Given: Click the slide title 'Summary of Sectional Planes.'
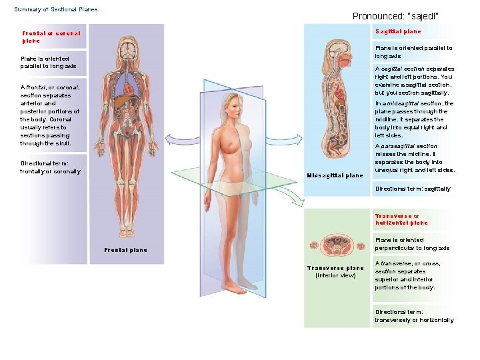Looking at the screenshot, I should (x=57, y=10).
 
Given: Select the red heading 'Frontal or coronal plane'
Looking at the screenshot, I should (x=51, y=37).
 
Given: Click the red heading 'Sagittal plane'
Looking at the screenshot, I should (x=398, y=31).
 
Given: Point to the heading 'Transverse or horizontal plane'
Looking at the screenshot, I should (x=401, y=219).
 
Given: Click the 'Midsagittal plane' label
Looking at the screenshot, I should (x=335, y=176).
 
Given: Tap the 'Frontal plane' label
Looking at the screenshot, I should (x=125, y=250).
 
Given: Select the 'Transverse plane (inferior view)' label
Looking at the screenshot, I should (x=335, y=271).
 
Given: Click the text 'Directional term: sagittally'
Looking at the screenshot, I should (x=413, y=189).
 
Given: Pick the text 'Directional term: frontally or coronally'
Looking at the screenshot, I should (x=50, y=167).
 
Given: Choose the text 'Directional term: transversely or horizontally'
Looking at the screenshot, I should (x=414, y=316).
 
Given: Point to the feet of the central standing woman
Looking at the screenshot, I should (x=233, y=287).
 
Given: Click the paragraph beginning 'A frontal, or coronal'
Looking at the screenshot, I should (x=50, y=115).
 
